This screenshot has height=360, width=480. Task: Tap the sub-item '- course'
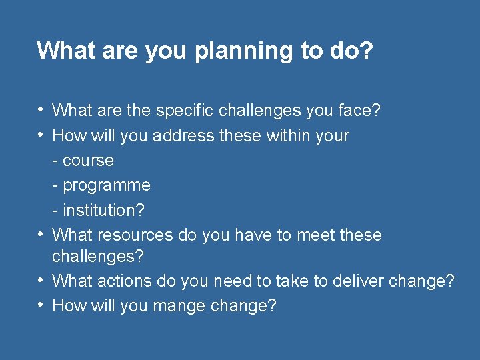point(83,161)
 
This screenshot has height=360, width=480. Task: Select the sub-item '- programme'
point(101,185)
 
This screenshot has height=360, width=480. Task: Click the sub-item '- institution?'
point(98,210)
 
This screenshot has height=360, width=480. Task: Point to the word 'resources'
point(135,235)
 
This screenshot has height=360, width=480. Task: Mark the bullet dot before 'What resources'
point(41,235)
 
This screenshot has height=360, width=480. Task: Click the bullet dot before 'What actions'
point(41,281)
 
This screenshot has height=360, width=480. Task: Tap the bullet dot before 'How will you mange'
point(41,305)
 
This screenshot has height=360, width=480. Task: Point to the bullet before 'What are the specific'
point(41,110)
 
